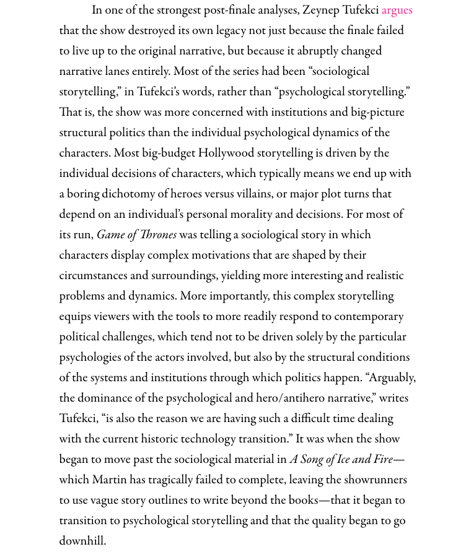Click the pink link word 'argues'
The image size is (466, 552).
coord(397,11)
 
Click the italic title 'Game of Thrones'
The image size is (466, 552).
coord(136,235)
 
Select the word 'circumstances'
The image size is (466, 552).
coord(94,276)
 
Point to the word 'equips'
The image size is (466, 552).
coord(76,317)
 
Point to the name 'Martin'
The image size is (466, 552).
coord(110,480)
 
